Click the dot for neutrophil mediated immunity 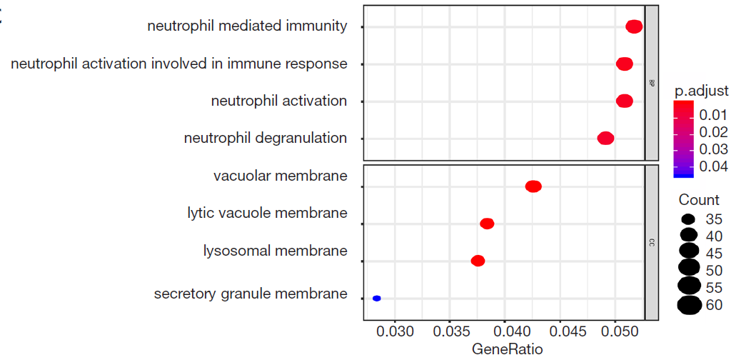click(x=634, y=26)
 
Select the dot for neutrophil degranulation click(x=605, y=138)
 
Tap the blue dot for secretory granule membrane click(x=377, y=298)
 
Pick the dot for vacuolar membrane click(x=533, y=186)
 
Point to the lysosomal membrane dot click(x=478, y=261)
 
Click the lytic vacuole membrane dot click(x=488, y=224)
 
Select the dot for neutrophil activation click(x=625, y=101)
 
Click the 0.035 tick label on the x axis click(x=449, y=332)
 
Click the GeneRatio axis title click(x=508, y=349)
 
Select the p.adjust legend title click(x=701, y=91)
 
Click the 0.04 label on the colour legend click(x=714, y=166)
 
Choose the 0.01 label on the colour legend click(x=714, y=115)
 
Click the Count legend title click(x=699, y=200)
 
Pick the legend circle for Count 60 click(x=689, y=305)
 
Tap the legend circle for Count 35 click(x=689, y=219)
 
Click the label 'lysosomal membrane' click(x=276, y=251)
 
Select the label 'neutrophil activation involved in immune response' click(x=179, y=64)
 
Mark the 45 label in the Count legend click(x=715, y=254)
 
